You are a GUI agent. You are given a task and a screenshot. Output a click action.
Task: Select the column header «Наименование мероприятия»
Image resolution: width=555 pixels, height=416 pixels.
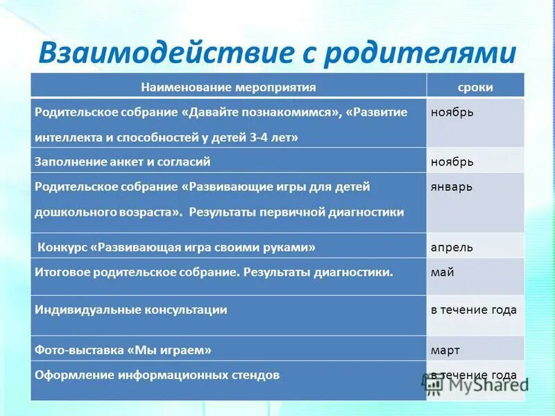(x=228, y=87)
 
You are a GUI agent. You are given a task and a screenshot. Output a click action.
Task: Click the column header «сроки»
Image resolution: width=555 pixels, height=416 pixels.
(x=475, y=87)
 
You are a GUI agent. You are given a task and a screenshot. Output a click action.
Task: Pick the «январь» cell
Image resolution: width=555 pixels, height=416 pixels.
(x=453, y=187)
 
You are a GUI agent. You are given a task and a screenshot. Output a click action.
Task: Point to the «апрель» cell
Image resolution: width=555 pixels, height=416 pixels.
(x=452, y=246)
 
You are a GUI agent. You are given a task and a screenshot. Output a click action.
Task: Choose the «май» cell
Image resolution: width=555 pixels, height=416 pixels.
(x=443, y=272)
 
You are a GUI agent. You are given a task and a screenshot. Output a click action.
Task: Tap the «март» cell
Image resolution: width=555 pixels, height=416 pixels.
(x=445, y=350)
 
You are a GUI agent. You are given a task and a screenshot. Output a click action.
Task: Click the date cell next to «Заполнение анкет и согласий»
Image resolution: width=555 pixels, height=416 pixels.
(x=452, y=162)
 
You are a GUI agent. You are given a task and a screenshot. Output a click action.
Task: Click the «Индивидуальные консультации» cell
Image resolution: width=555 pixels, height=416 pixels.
(x=131, y=310)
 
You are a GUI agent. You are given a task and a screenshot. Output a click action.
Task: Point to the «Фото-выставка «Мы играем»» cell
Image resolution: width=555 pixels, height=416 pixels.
(x=123, y=350)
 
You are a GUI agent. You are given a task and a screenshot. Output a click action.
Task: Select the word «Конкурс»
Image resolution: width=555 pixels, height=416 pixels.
(x=63, y=246)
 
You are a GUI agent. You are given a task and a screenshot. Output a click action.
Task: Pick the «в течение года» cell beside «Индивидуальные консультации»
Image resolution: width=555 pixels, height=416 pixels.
(x=474, y=310)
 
